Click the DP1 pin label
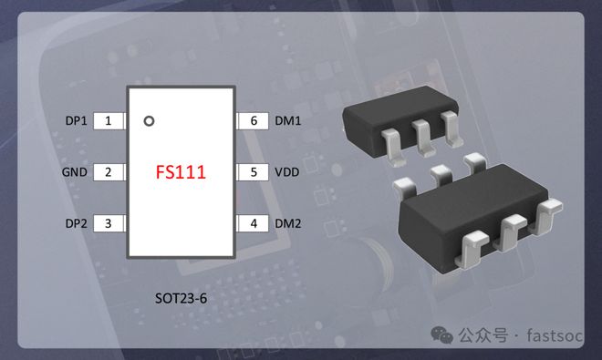click(x=76, y=121)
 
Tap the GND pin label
click(x=75, y=172)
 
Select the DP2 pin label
click(x=76, y=223)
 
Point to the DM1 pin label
click(x=287, y=121)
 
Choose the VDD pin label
click(x=286, y=172)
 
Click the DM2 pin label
click(x=287, y=223)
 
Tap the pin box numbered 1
click(x=109, y=121)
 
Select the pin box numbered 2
click(x=109, y=172)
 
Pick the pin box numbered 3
click(x=109, y=223)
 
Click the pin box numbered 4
click(x=253, y=223)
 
